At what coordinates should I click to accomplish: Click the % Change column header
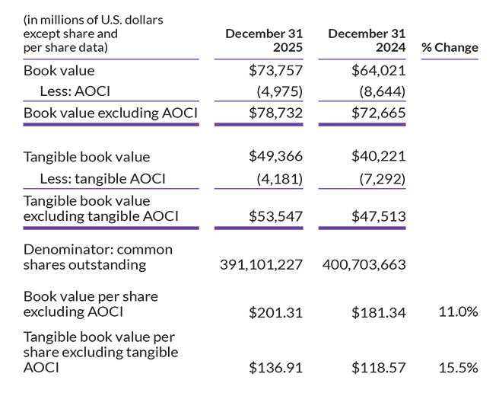(450, 47)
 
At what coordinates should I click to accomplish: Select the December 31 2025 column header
(264, 40)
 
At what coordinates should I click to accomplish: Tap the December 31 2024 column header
(367, 40)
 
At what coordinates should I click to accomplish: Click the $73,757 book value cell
(276, 71)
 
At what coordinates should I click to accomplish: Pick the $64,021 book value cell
(379, 71)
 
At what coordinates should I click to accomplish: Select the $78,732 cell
(276, 113)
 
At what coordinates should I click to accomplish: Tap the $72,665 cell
(379, 113)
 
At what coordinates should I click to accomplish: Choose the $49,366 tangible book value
(276, 157)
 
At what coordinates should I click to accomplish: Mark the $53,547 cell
(276, 216)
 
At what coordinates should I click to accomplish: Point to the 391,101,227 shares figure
(261, 265)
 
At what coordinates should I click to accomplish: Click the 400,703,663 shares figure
(364, 265)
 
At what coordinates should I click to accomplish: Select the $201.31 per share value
(276, 312)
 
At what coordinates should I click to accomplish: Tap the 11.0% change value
(459, 312)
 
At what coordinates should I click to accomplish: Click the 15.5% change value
(459, 368)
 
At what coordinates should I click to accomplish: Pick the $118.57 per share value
(379, 368)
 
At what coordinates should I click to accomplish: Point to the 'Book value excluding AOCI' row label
(111, 113)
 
